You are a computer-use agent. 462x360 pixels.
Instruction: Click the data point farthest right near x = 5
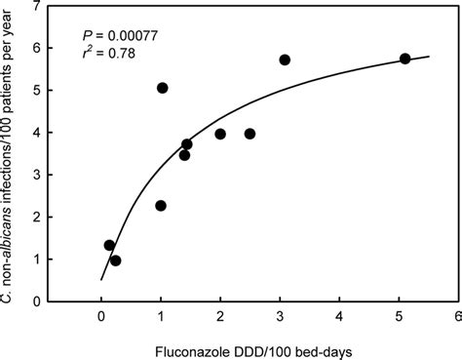[404, 59]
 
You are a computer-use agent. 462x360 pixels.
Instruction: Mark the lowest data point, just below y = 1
[115, 260]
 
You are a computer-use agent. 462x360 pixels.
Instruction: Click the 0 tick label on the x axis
[101, 315]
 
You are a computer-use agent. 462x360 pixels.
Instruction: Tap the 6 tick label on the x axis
[457, 315]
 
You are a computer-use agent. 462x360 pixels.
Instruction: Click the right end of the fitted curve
[428, 57]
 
